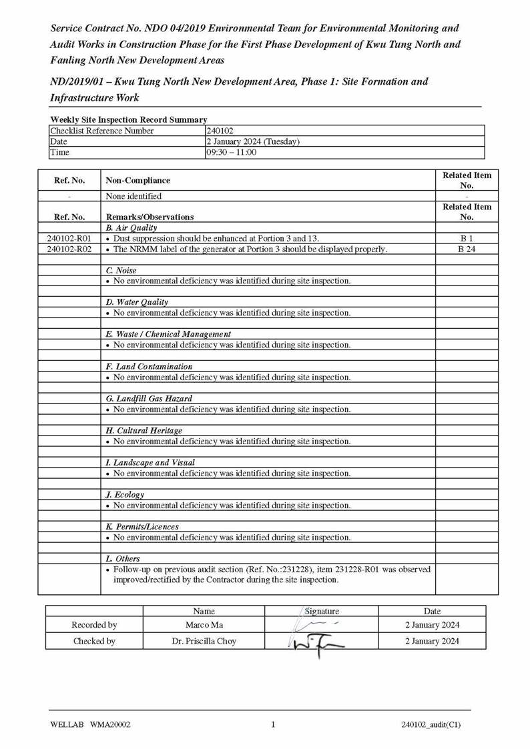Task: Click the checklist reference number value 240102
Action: (x=220, y=131)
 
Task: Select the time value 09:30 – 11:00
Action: (x=232, y=152)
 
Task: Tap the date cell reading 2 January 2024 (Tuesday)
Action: (x=253, y=141)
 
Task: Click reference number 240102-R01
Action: (x=69, y=238)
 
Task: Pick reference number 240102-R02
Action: (x=69, y=249)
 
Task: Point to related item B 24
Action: (x=467, y=249)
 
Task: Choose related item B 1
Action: (x=467, y=238)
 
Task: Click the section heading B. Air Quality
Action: (x=131, y=227)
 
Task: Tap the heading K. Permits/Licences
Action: (x=142, y=526)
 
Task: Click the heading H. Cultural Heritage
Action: (x=144, y=430)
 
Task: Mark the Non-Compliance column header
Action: (x=138, y=180)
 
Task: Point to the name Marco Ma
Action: (x=204, y=625)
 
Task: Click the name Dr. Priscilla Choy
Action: (x=204, y=641)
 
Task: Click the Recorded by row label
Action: (x=94, y=625)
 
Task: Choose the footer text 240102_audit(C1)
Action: (x=431, y=725)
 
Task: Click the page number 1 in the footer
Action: (x=273, y=725)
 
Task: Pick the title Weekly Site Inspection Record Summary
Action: (x=128, y=119)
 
